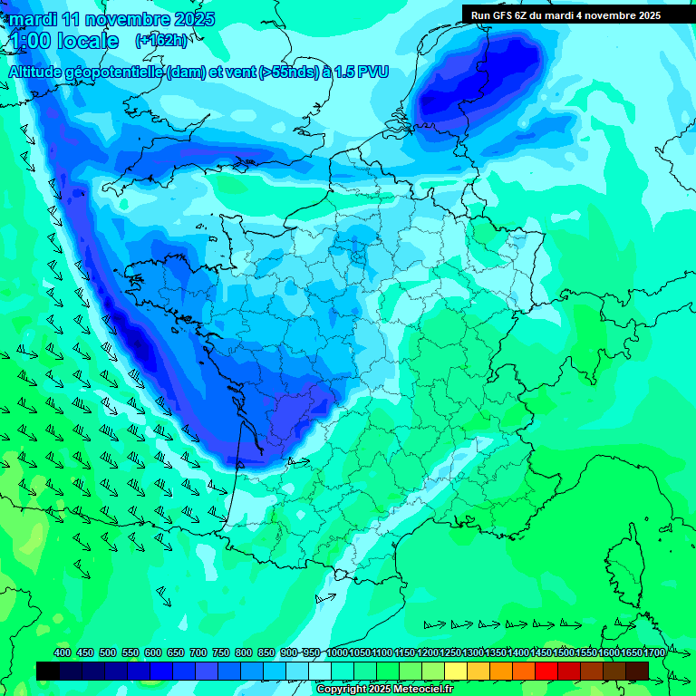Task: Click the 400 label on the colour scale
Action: tap(63, 653)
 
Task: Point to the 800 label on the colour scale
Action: tap(243, 653)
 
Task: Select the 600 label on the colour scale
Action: tap(152, 653)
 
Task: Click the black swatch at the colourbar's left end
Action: tap(48, 671)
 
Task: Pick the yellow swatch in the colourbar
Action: tap(455, 671)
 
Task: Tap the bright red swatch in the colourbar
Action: tap(546, 671)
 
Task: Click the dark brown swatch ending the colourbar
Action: tap(636, 671)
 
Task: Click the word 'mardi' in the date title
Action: tap(33, 19)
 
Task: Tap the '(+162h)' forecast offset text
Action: tap(161, 41)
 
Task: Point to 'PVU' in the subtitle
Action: tap(372, 72)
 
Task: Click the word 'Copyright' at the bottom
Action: tap(343, 690)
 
